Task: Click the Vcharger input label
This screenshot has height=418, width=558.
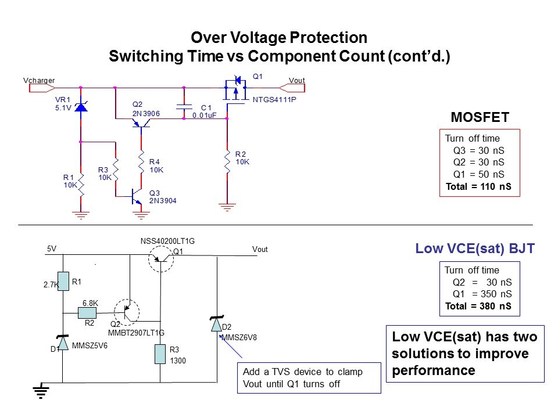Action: [x=38, y=80]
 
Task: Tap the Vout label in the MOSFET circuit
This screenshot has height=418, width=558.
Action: [x=296, y=80]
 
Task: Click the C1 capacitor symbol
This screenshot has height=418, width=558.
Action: [x=184, y=106]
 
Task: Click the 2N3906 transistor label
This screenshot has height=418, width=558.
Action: [x=146, y=114]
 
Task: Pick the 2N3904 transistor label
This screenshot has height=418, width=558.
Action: [x=163, y=200]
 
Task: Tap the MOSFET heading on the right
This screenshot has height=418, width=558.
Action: [x=480, y=118]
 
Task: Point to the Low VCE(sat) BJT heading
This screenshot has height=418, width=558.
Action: [x=475, y=250]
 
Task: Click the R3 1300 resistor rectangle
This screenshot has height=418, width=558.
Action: [x=160, y=354]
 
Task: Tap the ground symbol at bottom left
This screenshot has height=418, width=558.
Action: [x=40, y=393]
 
